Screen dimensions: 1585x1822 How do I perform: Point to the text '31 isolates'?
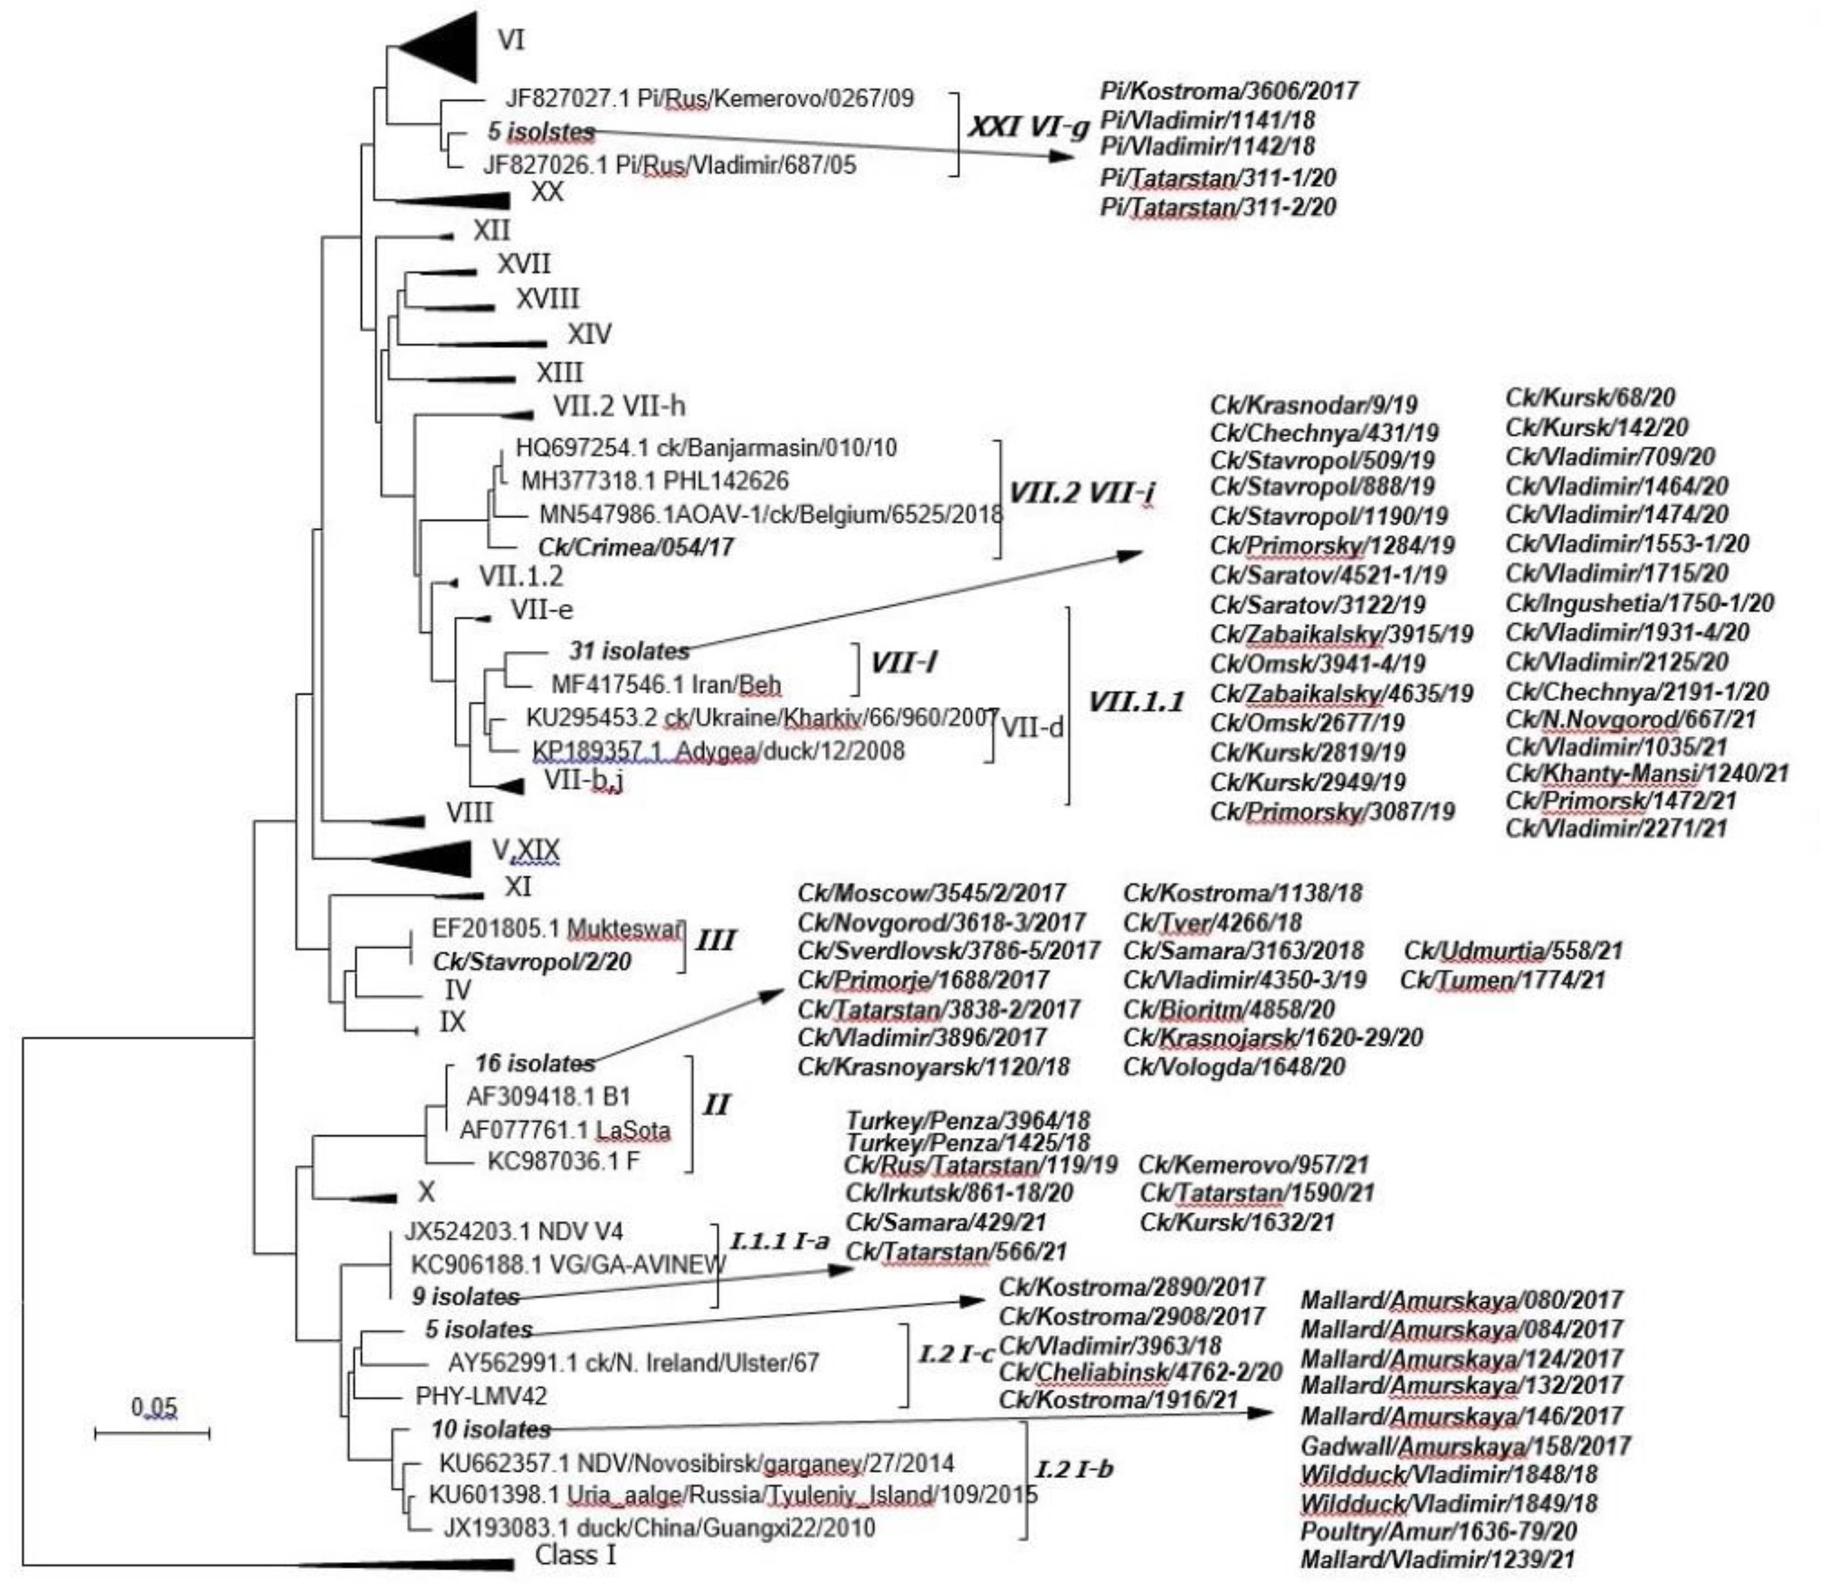tap(629, 651)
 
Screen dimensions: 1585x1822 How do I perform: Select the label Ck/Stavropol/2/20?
tap(532, 962)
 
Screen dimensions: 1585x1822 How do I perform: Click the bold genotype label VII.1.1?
tap(1135, 702)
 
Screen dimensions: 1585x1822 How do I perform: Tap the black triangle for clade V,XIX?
tap(424, 858)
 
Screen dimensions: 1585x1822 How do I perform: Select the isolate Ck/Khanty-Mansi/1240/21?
tap(1647, 773)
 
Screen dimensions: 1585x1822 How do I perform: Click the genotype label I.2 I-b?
tap(1074, 1470)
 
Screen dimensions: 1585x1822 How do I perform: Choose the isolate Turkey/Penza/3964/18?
tap(968, 1120)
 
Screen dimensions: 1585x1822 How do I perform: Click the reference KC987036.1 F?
tap(564, 1161)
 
